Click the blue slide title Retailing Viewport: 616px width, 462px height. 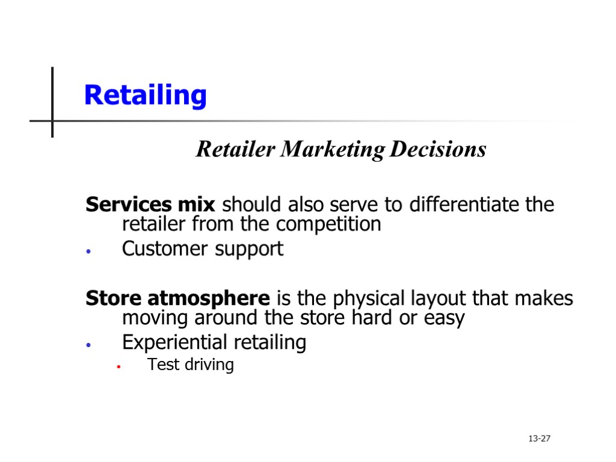tap(145, 95)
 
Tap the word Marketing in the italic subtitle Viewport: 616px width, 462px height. tap(333, 149)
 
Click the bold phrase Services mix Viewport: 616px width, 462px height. tap(150, 205)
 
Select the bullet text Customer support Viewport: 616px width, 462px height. tap(202, 249)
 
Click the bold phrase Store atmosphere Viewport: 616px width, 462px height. tap(177, 298)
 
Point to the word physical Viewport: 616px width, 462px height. tap(370, 298)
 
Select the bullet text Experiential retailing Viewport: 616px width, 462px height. tap(214, 343)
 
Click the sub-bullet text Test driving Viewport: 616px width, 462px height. tap(190, 365)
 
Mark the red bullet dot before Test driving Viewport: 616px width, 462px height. tap(120, 366)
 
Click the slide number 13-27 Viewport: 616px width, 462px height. tap(539, 439)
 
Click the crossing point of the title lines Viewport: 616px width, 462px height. tap(52, 121)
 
